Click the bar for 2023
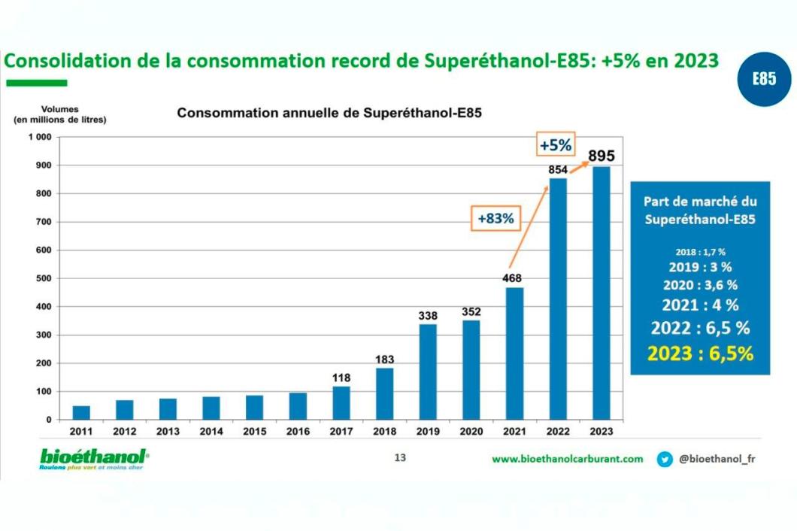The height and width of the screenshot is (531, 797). click(602, 293)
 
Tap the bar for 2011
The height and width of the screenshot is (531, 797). click(81, 412)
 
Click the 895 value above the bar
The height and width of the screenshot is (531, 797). click(602, 156)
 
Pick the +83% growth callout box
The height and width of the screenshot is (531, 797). click(496, 219)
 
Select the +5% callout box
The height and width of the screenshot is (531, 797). click(556, 144)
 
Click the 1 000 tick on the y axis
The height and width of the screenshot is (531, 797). click(39, 137)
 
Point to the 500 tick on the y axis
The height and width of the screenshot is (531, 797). click(43, 278)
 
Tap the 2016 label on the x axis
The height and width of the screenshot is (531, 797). click(298, 432)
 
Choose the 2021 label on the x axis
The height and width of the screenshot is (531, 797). click(514, 432)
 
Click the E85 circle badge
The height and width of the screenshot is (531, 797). click(763, 79)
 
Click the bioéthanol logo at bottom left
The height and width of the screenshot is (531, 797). click(94, 459)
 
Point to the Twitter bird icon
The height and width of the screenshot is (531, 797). click(665, 459)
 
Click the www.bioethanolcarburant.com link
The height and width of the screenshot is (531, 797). click(568, 459)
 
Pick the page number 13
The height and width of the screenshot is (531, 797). click(400, 457)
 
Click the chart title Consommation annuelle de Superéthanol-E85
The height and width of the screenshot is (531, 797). click(329, 114)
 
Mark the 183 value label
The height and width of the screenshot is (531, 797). click(384, 360)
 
